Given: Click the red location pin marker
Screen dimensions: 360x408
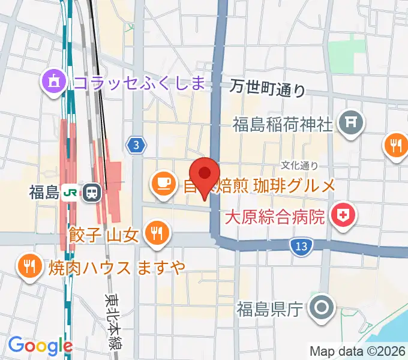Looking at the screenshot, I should coord(205,174).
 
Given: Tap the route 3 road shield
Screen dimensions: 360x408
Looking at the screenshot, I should coord(137,145).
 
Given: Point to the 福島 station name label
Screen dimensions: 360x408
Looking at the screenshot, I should coord(43,192).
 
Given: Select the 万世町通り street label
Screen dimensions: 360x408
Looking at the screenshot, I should coord(268,89).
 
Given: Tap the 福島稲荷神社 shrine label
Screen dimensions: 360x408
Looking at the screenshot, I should coord(283,125).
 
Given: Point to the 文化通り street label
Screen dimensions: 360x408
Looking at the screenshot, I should coord(300,164).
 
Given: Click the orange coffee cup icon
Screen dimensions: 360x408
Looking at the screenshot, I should coord(163,182).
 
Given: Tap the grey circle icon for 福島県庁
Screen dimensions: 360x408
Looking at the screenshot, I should coord(322,308).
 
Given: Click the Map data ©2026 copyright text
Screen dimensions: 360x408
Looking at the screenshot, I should coord(356,351).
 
